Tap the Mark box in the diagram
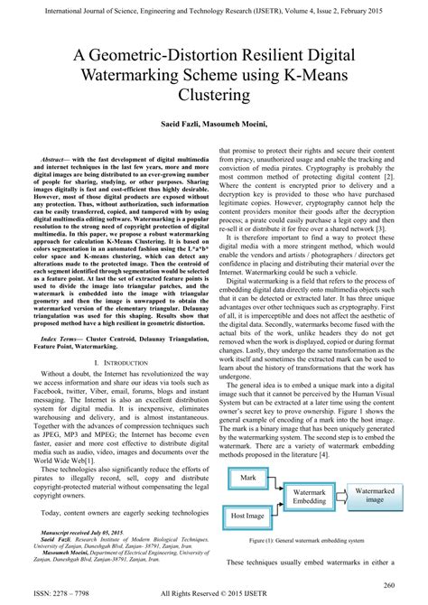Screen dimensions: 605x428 click(x=248, y=477)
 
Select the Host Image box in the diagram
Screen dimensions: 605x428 click(x=248, y=515)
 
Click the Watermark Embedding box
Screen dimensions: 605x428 click(x=310, y=497)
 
